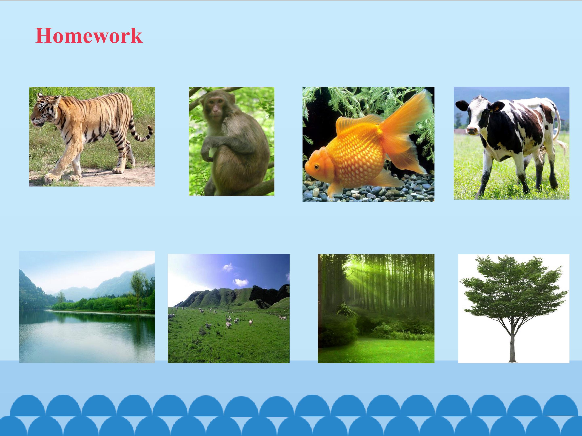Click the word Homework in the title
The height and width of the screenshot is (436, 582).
click(89, 36)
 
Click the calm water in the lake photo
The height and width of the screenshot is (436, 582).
click(87, 336)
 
